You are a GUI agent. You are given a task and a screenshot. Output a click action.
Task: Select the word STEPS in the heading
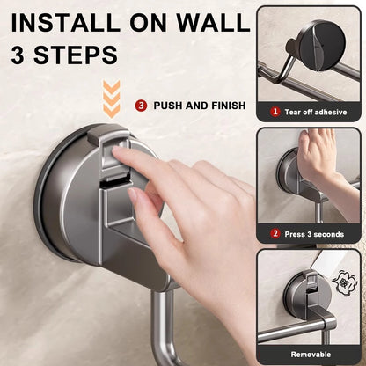point(77,55)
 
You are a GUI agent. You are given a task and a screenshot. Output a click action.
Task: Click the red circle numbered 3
point(141,106)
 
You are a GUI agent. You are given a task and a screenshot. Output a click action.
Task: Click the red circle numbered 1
point(274,112)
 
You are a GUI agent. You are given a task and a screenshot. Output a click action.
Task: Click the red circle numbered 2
point(274,233)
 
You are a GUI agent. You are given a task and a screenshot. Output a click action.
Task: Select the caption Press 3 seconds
point(315,233)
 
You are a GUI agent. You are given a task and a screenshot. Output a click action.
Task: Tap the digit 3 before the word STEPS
point(20,55)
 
